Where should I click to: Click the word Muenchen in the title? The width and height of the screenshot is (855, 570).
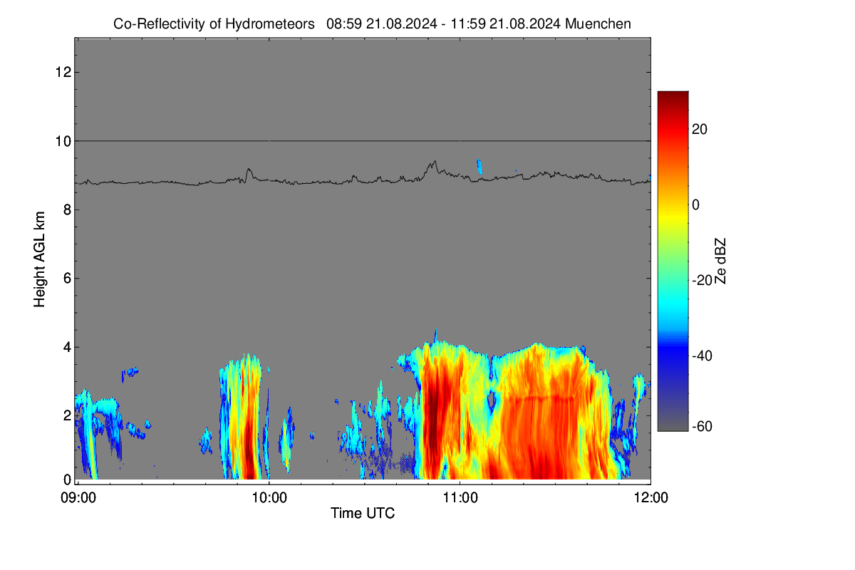(598, 24)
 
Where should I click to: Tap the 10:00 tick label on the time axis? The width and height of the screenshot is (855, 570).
(269, 498)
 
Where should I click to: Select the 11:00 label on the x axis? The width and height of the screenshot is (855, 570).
(460, 498)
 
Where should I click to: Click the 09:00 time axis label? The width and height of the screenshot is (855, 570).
(78, 498)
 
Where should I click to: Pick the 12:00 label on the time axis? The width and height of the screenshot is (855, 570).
(651, 498)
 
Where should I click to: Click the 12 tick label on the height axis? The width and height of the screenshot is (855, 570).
(63, 72)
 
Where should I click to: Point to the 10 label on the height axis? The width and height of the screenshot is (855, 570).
(63, 141)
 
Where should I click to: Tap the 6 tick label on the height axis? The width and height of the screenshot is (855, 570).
(67, 279)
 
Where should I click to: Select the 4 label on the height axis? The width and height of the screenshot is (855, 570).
(67, 348)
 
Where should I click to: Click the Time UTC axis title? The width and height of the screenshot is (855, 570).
(363, 513)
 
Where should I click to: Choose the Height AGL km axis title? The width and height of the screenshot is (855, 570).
(39, 259)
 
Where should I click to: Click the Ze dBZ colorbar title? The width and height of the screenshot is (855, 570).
(720, 261)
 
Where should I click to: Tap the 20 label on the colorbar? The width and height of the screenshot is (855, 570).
(700, 130)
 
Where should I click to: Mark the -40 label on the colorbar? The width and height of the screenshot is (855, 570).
(702, 356)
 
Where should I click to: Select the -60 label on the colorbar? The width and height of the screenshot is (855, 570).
(702, 427)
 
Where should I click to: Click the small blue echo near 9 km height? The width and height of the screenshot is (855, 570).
(480, 167)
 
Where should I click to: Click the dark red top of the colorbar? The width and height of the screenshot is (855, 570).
(673, 95)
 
